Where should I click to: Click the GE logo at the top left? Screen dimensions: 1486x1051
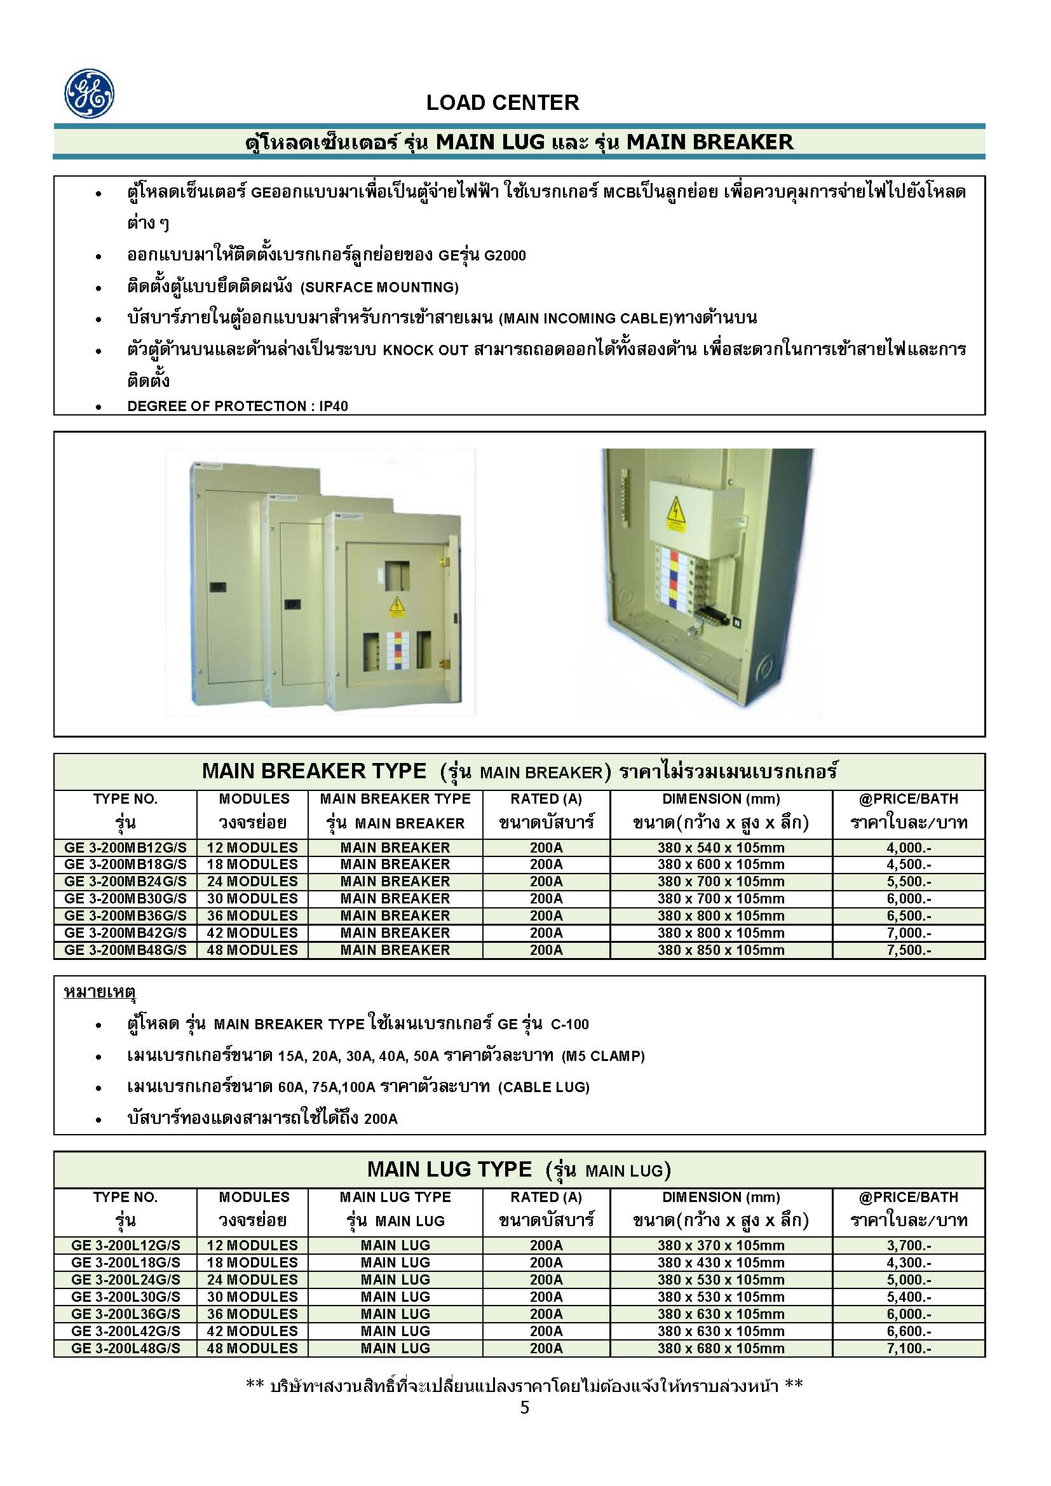tap(90, 94)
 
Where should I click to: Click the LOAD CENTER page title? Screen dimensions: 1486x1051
tap(502, 102)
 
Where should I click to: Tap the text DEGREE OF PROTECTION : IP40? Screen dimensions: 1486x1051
tap(238, 406)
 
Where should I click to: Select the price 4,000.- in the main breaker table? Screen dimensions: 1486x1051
tap(909, 848)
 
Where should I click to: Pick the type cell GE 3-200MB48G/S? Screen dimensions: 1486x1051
tap(126, 950)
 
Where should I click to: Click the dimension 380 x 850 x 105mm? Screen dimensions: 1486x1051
tap(721, 950)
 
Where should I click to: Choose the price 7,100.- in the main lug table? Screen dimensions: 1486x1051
tap(909, 1348)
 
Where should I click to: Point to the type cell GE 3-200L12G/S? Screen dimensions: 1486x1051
tap(126, 1245)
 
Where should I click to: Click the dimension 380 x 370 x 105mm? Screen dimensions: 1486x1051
tap(721, 1245)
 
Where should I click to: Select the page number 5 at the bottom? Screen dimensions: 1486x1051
tap(524, 1407)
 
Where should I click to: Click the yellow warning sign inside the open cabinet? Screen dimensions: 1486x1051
tap(675, 514)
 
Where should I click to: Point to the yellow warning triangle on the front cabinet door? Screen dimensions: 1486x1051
tap(395, 607)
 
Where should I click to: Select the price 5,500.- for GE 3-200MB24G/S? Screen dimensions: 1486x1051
tap(909, 882)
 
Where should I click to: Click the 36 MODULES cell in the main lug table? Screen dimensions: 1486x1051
tap(252, 1314)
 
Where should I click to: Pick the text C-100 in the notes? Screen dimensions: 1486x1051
tap(569, 1024)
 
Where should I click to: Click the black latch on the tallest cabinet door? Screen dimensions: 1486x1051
tap(217, 588)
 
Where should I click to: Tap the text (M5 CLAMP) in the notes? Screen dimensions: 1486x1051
tap(603, 1056)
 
